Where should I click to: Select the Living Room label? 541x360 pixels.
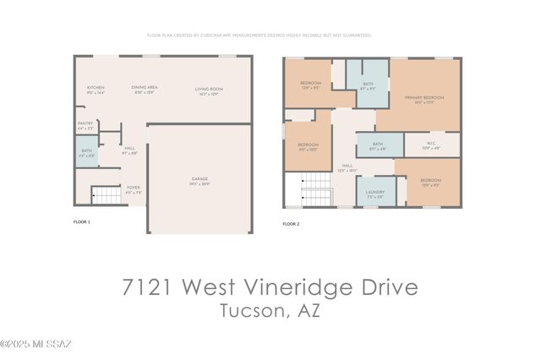point(209,90)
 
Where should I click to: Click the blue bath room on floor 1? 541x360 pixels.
point(86,155)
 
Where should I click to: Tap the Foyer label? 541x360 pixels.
point(133,189)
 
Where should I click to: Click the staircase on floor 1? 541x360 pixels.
point(107,196)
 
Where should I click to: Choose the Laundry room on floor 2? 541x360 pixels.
point(375,193)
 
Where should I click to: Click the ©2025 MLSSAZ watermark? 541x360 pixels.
point(36,344)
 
